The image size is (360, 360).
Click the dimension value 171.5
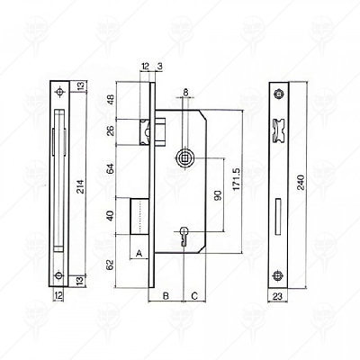click(237, 179)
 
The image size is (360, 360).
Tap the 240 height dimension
click(301, 182)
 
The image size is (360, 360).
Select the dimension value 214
click(81, 186)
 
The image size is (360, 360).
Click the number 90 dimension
click(218, 195)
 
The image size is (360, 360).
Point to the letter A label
click(139, 254)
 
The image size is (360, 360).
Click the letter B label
click(166, 296)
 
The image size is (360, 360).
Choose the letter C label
click(194, 296)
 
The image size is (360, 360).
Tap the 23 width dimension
click(278, 297)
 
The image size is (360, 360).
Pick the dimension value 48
click(111, 99)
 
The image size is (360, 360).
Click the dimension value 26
click(111, 130)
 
